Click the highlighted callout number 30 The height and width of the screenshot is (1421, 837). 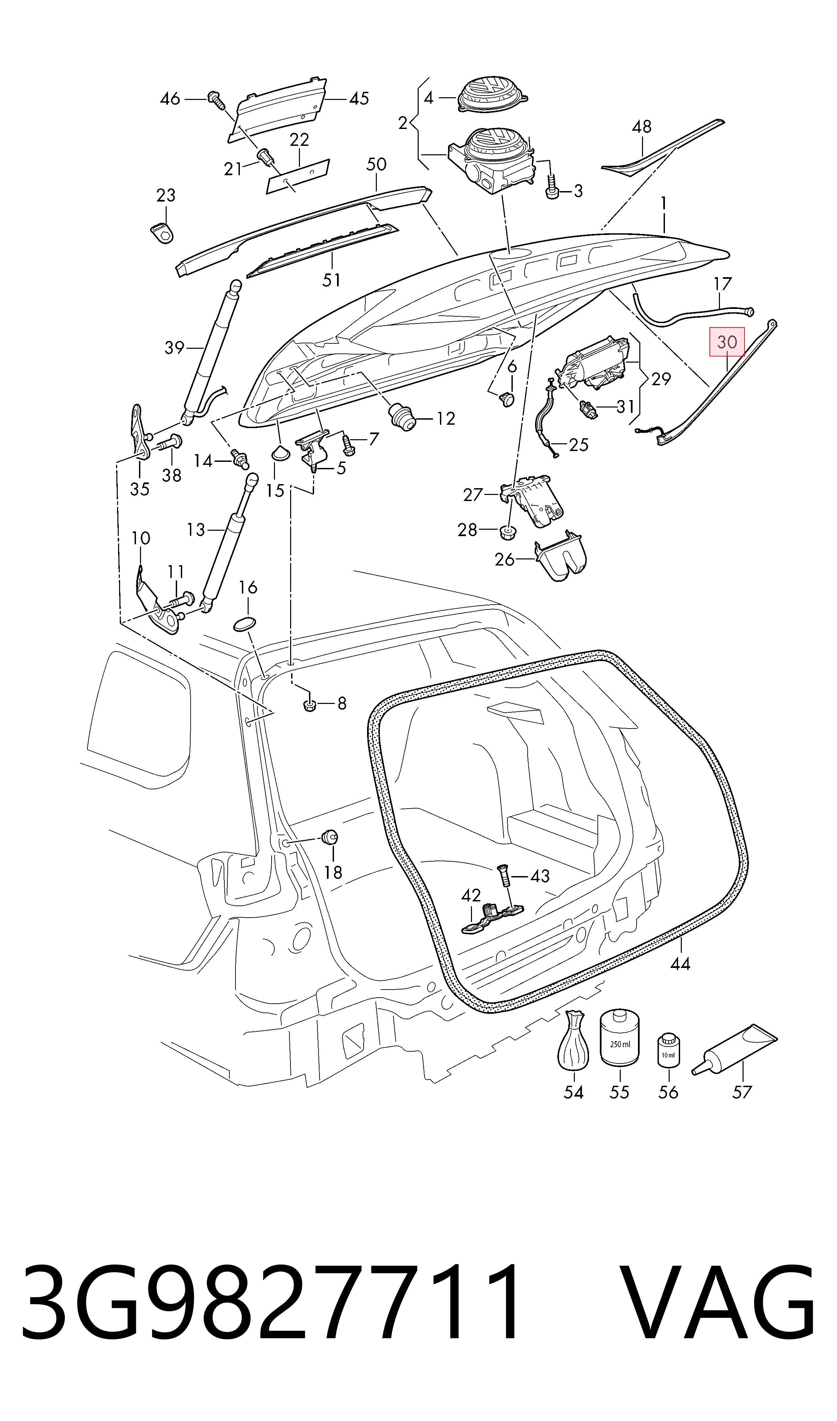tap(727, 342)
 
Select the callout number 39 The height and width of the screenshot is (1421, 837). tap(174, 348)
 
